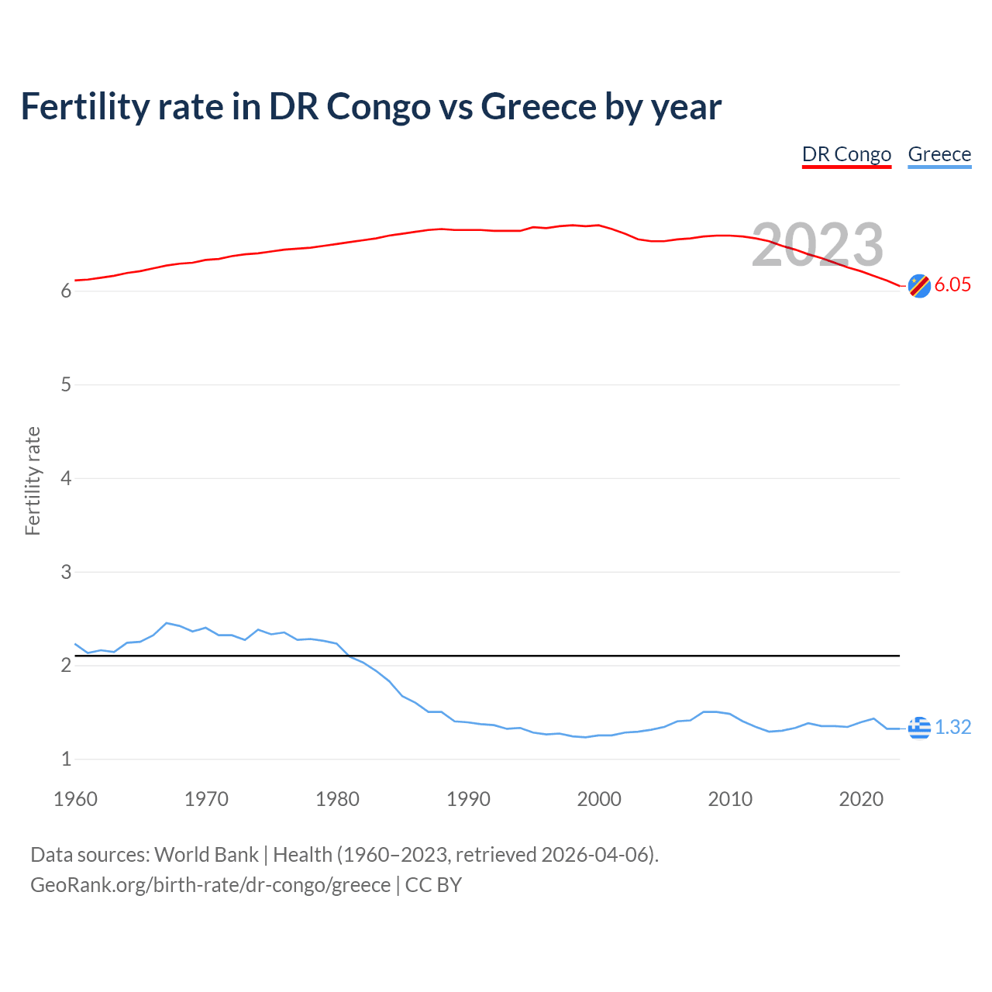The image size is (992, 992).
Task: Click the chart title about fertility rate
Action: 370,107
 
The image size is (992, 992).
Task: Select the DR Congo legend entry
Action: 846,154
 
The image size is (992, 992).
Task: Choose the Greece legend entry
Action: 939,154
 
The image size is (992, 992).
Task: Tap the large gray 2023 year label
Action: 818,245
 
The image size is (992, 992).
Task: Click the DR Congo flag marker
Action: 919,286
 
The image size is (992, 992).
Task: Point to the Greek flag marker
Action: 919,728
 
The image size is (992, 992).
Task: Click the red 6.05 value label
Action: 952,284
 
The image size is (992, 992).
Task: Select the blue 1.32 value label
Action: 952,727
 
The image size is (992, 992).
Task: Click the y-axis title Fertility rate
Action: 33,480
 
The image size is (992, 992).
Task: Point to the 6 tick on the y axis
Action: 66,291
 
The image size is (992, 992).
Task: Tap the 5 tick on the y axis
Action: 66,385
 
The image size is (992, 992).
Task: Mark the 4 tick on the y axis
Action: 66,478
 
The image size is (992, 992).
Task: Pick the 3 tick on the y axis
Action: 66,572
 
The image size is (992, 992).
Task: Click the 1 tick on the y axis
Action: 66,759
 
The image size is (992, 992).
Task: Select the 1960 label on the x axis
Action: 75,799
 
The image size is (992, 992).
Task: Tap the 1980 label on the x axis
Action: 337,799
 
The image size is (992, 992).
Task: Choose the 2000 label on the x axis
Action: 599,799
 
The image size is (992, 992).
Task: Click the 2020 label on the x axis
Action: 861,799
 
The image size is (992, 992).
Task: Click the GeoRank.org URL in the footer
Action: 210,885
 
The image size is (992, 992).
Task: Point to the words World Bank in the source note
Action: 206,855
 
